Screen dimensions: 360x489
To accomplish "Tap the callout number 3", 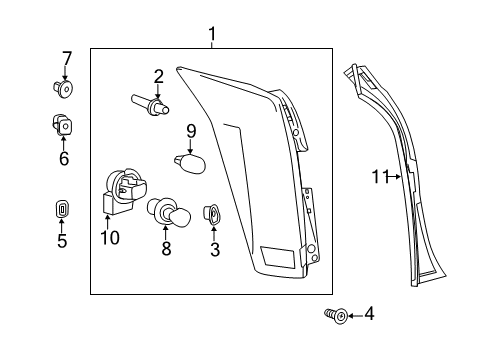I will coord(214,250).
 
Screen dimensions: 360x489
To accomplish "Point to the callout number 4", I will coord(370,315).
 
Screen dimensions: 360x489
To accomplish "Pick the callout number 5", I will coord(62,241).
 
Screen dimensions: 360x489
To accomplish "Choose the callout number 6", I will coord(64,158).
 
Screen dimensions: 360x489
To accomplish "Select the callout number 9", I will coord(190,130).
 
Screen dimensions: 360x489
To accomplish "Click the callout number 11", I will coord(380,178).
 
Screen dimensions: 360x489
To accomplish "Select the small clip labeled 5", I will coord(62,211).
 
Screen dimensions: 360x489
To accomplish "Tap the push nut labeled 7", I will coord(66,90).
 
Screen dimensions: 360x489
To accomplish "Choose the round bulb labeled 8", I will coord(167,213).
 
